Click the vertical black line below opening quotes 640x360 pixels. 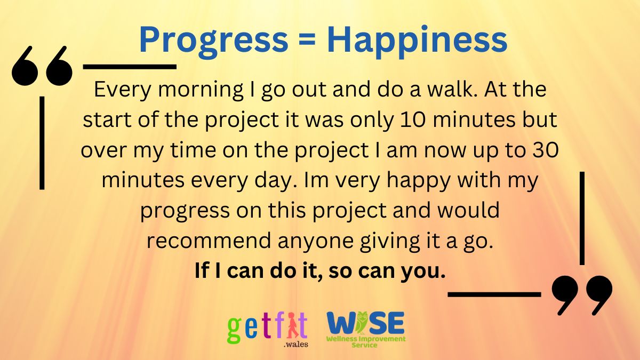(x=42, y=142)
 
